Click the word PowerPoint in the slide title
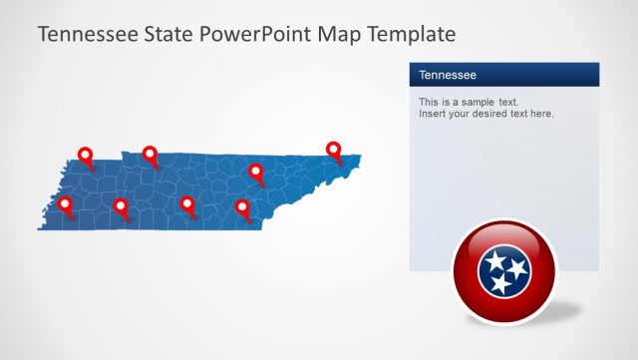click(x=258, y=34)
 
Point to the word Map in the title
click(x=340, y=34)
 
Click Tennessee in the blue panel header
click(x=448, y=75)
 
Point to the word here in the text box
click(x=540, y=114)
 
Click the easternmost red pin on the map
click(x=334, y=150)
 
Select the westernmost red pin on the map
click(x=66, y=204)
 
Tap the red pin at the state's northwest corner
click(x=85, y=156)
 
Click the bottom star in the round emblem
click(x=500, y=285)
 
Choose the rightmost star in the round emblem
click(x=516, y=267)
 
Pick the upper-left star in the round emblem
click(x=495, y=261)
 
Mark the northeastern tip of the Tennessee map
click(x=359, y=156)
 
